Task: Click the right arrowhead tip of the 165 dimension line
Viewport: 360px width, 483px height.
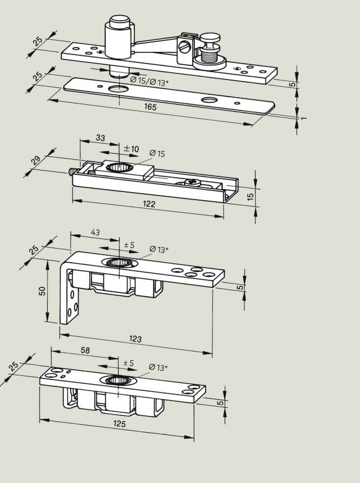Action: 253,125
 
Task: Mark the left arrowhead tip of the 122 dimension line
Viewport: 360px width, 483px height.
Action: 73,201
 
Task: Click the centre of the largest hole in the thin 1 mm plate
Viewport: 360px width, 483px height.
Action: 119,89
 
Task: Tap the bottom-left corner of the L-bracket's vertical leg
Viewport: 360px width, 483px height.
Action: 60,324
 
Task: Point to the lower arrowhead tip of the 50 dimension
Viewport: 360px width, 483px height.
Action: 48,321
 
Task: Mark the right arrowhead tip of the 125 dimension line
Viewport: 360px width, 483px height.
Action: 194,437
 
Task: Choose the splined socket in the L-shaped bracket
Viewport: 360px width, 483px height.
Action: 119,262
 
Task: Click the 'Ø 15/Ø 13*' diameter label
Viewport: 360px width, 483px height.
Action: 149,81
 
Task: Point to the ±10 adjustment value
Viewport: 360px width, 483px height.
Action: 131,149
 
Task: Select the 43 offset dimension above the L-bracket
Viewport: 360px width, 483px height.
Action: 95,232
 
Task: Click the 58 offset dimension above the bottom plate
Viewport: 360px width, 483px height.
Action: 85,350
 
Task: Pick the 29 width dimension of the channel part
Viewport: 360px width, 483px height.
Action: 36,160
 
